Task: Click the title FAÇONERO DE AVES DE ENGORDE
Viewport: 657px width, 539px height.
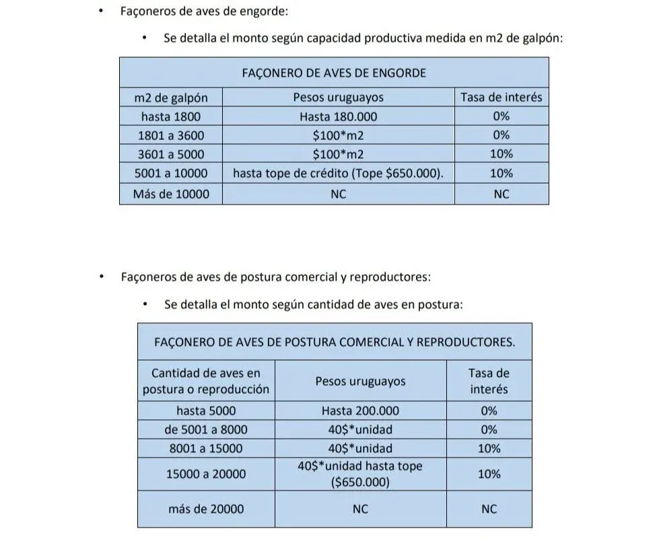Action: (334, 73)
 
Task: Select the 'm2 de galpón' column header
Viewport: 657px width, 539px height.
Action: (170, 97)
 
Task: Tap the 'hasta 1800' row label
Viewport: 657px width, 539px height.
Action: (170, 116)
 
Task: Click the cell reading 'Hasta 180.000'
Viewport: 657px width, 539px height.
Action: (338, 116)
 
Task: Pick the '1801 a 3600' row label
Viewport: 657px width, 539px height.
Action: (170, 135)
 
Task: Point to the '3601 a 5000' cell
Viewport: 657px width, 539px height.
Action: (170, 154)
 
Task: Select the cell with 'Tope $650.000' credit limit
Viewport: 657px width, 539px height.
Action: (338, 173)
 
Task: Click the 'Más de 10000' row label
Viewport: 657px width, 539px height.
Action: (170, 194)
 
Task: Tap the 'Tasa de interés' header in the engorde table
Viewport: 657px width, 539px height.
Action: (501, 97)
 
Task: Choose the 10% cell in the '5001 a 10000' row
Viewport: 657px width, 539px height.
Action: (501, 173)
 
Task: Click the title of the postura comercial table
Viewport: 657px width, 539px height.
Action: (335, 342)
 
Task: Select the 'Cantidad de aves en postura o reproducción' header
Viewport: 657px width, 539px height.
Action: (206, 381)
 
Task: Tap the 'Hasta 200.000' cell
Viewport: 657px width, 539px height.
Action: (360, 410)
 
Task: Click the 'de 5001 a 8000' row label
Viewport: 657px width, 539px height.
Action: (206, 429)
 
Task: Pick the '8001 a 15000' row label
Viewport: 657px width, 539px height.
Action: (206, 448)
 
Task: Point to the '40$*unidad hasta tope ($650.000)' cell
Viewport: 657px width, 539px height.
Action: (360, 474)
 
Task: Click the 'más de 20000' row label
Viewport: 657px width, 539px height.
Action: (206, 509)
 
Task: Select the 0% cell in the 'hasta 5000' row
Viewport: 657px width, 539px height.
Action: (489, 410)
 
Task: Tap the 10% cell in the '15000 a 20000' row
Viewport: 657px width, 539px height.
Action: (489, 474)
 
